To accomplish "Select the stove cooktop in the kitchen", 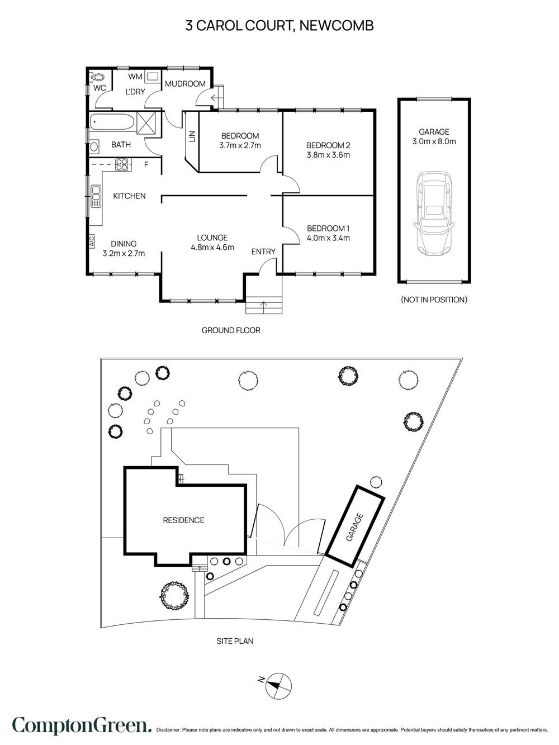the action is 121,165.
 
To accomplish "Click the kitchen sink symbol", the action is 96,197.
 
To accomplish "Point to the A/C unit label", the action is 92,241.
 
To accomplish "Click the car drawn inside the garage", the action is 434,213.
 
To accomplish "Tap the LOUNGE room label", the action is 212,238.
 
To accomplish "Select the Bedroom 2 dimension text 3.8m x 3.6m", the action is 328,155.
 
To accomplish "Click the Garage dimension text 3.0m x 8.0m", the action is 434,141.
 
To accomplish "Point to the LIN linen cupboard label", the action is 192,136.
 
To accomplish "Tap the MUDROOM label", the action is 185,84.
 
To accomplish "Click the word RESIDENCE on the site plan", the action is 183,520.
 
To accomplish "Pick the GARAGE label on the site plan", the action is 355,528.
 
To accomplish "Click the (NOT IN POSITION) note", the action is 434,300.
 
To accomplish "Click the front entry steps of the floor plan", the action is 264,306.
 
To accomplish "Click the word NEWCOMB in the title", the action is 337,26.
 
